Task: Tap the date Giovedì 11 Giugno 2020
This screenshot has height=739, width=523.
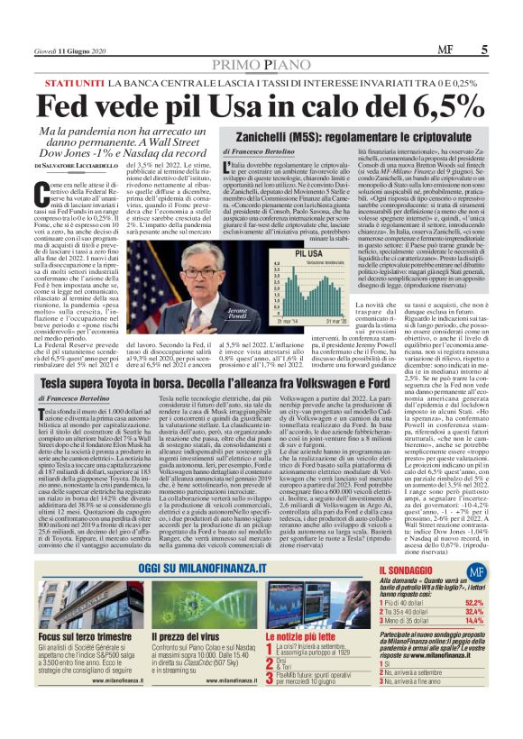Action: pos(69,50)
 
